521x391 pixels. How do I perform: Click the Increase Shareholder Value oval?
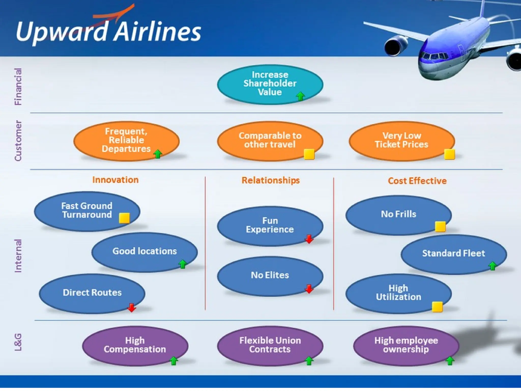(270, 84)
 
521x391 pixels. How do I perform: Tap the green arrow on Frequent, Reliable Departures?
(158, 154)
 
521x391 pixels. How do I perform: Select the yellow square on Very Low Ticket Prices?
(449, 154)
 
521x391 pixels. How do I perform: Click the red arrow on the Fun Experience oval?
(309, 239)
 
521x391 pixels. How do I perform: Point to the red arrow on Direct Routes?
(132, 308)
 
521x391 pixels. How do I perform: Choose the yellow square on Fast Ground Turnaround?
(124, 218)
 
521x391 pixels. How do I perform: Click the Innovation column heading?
(115, 180)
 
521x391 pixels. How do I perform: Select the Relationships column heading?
(270, 180)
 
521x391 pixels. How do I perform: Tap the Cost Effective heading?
(417, 181)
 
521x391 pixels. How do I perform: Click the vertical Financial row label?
(18, 87)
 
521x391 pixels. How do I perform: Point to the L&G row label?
(18, 342)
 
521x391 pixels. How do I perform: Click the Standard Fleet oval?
(453, 254)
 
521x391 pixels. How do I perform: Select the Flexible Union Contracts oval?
(270, 345)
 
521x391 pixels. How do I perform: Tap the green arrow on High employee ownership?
(450, 361)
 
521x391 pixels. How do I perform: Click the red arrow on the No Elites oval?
(309, 289)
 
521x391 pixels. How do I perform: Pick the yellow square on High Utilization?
(437, 307)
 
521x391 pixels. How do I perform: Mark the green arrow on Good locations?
(182, 264)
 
